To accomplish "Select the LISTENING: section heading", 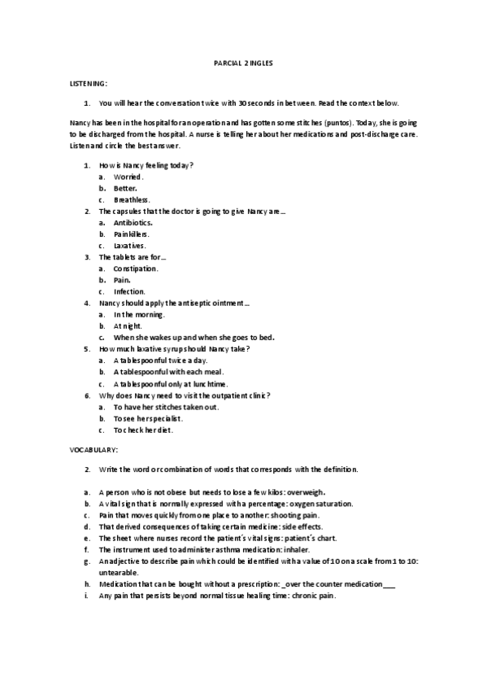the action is click(x=85, y=84).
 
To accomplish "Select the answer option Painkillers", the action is click(x=132, y=234).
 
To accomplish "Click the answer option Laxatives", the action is click(x=130, y=245).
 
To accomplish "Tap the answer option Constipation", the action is click(x=136, y=269).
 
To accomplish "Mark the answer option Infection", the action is click(x=130, y=291).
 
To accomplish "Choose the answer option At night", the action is click(x=128, y=325).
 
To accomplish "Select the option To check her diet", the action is click(x=142, y=430).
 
